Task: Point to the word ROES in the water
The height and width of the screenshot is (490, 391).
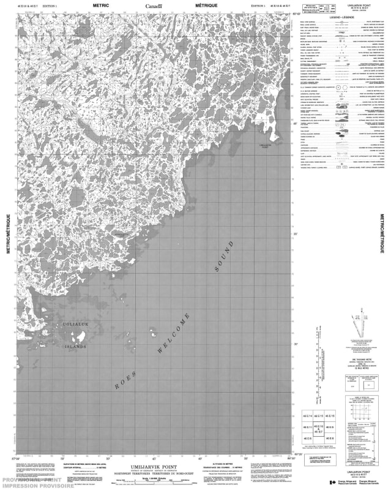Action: (125, 380)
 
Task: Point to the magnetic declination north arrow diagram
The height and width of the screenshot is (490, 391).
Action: (357, 331)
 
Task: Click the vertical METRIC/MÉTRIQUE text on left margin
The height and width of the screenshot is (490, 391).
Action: (8, 238)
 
